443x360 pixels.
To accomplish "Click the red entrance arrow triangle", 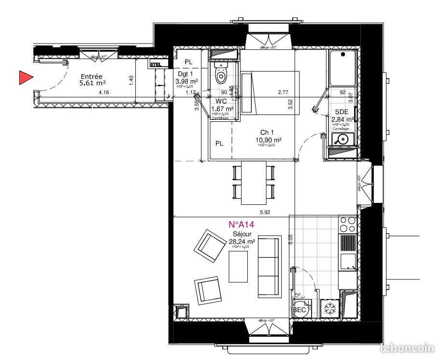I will pos(25,77).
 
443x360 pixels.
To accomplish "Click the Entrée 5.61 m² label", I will pos(91,80).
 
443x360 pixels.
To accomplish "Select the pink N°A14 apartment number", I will pos(241,224).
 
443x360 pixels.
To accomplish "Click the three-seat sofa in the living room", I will pos(269,267).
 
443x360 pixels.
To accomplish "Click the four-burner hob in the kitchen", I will pos(347,224).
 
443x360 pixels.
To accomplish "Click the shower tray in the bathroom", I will pos(343,68).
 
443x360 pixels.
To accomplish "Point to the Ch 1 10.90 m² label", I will pos(269,137).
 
